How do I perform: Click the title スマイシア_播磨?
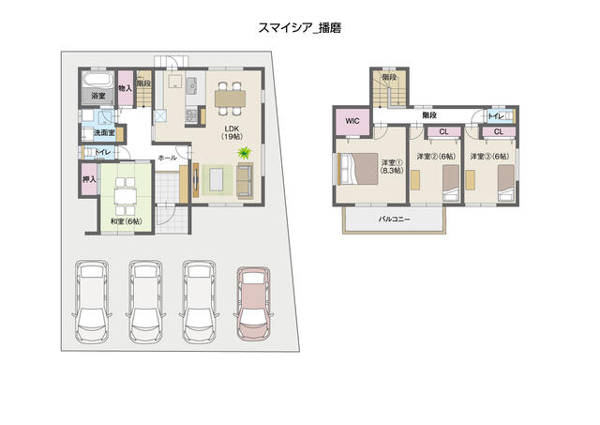(x=300, y=28)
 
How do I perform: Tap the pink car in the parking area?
(x=253, y=304)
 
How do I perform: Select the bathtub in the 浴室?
(x=97, y=80)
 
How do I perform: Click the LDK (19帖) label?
(x=232, y=131)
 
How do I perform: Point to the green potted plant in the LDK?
(x=244, y=153)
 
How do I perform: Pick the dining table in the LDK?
(x=230, y=99)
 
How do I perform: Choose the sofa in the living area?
(x=245, y=181)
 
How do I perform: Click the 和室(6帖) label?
(x=126, y=220)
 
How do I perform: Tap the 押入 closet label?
(x=89, y=179)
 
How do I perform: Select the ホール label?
(x=167, y=158)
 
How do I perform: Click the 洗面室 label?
(x=104, y=132)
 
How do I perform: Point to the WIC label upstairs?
(x=352, y=121)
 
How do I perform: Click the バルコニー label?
(x=394, y=219)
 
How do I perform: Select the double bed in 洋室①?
(x=358, y=169)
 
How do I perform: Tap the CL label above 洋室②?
(x=443, y=131)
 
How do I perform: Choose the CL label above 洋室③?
(x=498, y=131)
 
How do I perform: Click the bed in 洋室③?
(x=506, y=183)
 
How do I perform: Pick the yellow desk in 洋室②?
(x=415, y=179)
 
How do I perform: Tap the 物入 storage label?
(x=125, y=88)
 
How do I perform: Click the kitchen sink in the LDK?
(x=191, y=85)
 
